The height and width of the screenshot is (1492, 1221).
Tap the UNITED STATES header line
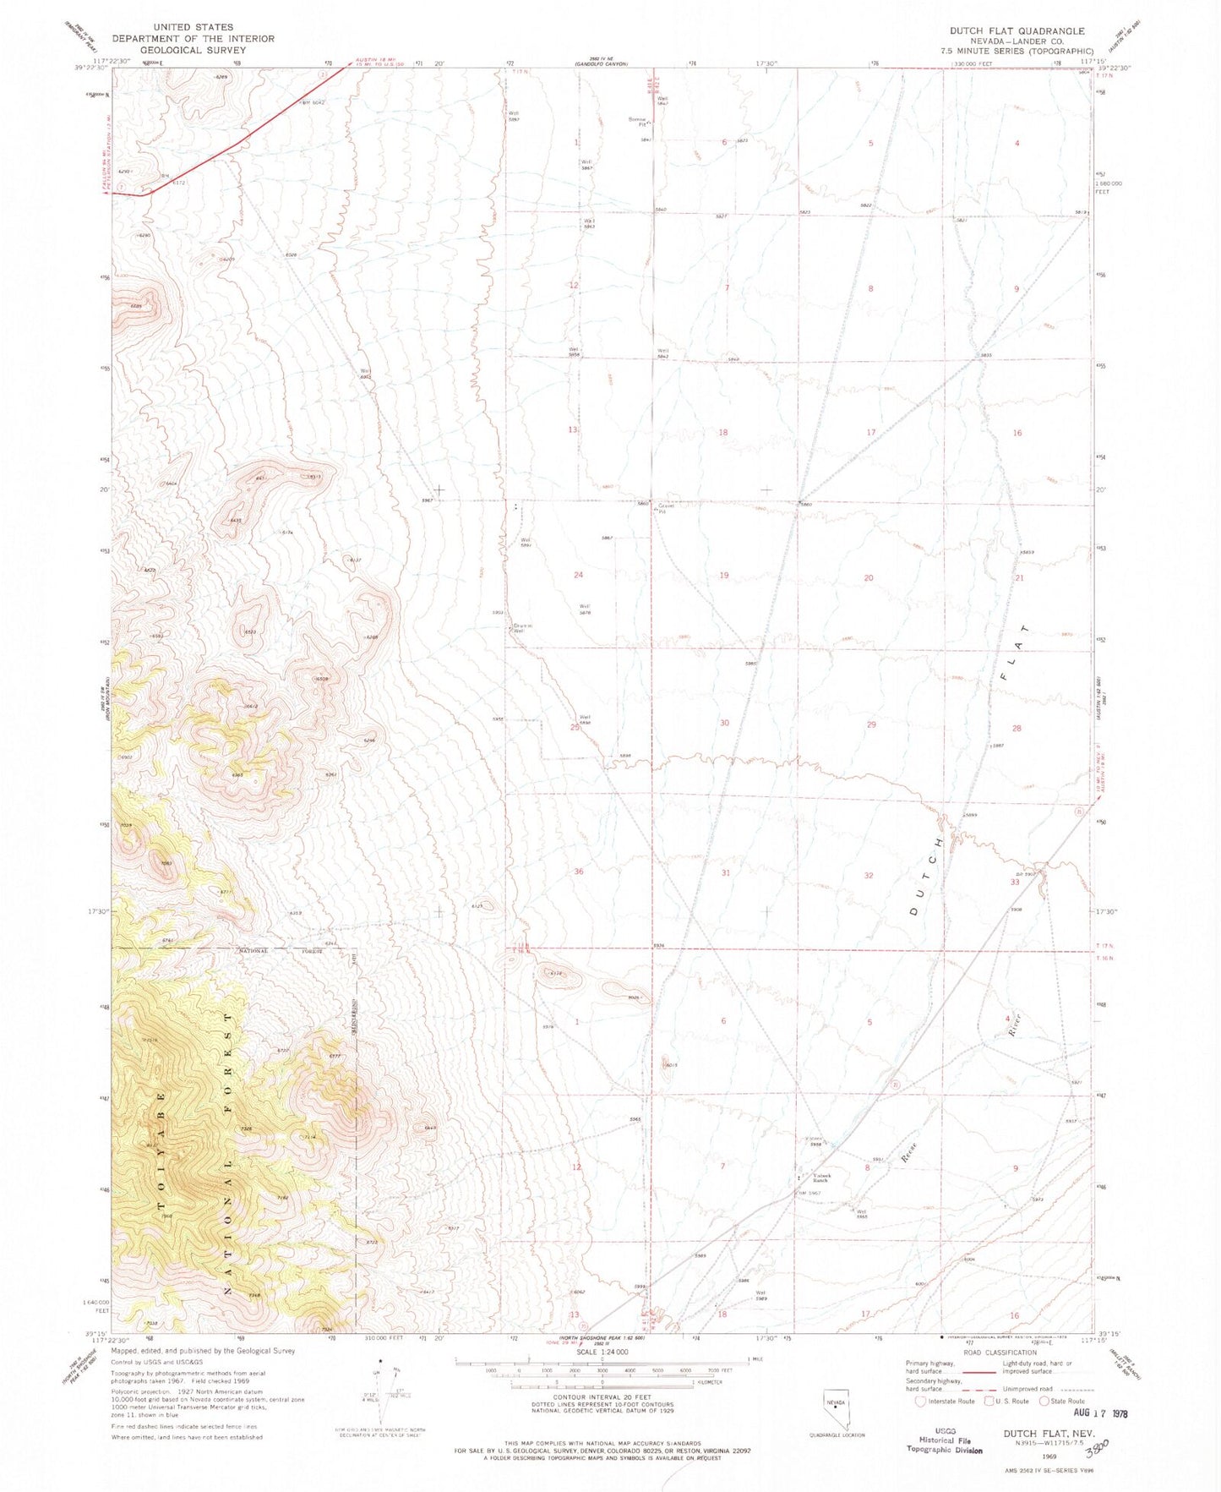point(193,27)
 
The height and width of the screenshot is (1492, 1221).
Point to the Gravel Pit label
point(662,509)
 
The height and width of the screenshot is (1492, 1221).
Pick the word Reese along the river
point(909,1152)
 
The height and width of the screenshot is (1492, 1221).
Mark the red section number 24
point(578,575)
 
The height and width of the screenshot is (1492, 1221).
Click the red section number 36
point(579,871)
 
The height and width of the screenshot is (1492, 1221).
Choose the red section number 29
point(871,724)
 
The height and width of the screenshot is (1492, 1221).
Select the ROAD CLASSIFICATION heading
point(995,1353)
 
